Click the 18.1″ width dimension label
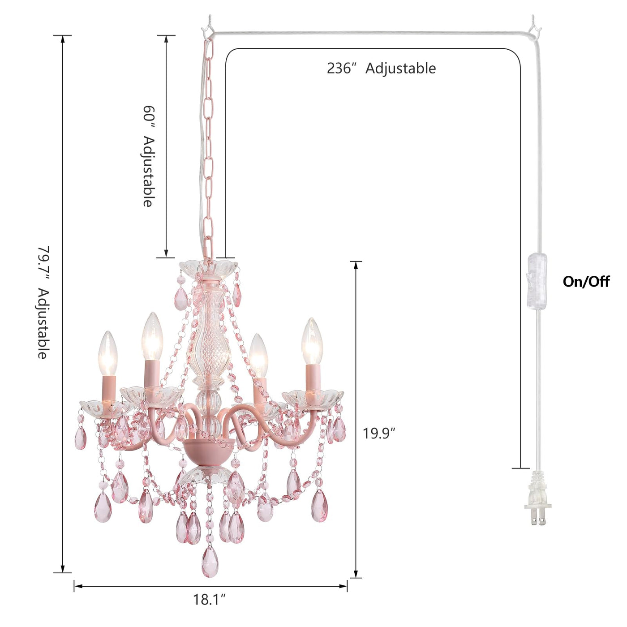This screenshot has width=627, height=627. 209,599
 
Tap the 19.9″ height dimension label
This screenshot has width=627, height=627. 379,434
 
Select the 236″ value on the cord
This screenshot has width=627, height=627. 341,69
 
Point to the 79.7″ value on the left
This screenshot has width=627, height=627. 43,262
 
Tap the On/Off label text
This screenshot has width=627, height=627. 586,282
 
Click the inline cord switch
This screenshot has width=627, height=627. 537,281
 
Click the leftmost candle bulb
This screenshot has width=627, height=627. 107,354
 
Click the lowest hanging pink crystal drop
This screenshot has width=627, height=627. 210,562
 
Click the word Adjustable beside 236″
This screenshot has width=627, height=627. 400,69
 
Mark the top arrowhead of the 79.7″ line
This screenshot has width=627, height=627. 63,39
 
